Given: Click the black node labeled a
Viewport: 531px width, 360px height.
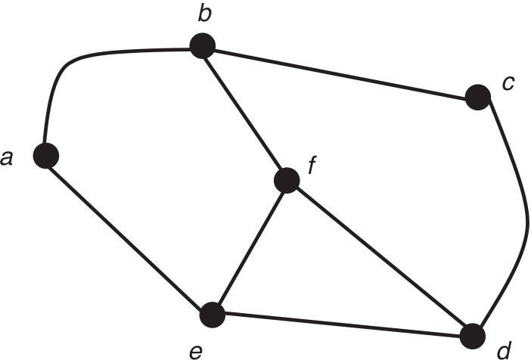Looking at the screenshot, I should tap(46, 156).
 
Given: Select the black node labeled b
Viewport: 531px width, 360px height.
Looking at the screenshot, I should tap(201, 48).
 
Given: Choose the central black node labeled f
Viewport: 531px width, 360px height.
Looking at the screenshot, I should tap(287, 180).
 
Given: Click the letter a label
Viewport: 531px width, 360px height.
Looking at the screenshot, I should tap(8, 159).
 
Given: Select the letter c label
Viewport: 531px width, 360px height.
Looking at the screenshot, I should tap(508, 82).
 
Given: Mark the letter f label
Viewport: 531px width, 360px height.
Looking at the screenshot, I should tap(311, 164).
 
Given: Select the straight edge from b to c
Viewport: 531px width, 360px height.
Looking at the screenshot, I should tap(340, 73).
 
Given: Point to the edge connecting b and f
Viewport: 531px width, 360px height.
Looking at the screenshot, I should tap(244, 113).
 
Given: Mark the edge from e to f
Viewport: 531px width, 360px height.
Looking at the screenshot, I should tap(250, 247).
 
